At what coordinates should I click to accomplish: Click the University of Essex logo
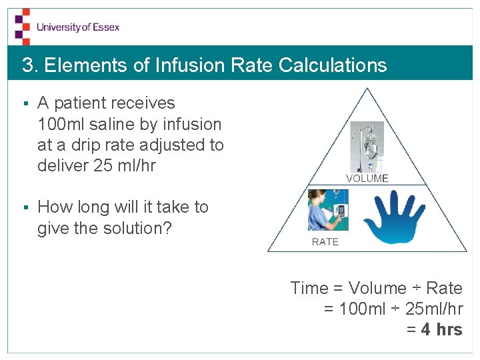click(x=67, y=27)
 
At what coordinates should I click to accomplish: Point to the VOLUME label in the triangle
click(x=367, y=178)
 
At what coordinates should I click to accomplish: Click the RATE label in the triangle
click(x=325, y=241)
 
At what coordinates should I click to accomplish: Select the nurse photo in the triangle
click(x=328, y=210)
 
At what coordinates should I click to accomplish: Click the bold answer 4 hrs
click(x=442, y=329)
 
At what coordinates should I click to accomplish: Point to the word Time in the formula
click(x=309, y=288)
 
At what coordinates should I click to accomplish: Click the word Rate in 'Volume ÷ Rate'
click(x=444, y=288)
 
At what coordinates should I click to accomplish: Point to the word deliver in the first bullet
click(x=63, y=165)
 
